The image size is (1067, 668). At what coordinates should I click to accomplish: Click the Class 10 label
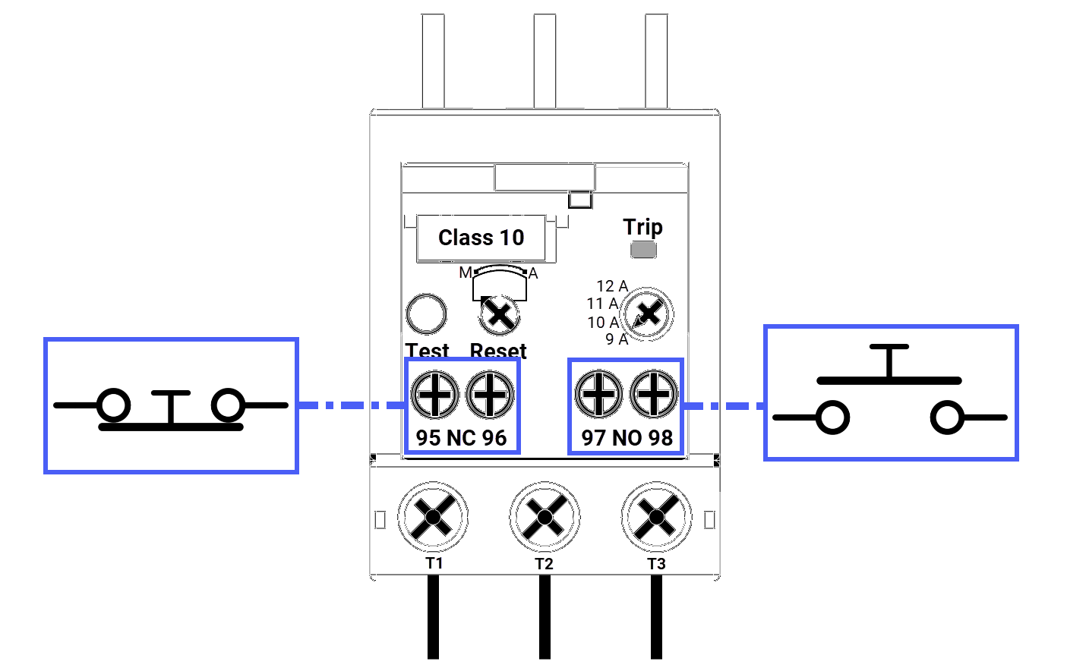click(481, 238)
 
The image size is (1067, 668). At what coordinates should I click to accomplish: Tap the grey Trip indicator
click(643, 250)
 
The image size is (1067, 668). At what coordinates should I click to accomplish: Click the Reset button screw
click(500, 314)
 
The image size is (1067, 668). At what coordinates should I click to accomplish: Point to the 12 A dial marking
click(612, 286)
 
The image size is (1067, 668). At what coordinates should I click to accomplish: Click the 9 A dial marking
click(617, 339)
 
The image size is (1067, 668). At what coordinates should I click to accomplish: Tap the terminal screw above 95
click(434, 395)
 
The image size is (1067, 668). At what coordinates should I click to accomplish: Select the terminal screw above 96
click(490, 395)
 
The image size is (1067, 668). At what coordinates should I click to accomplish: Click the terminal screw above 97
click(599, 395)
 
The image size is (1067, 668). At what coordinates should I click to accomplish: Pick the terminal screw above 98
click(654, 395)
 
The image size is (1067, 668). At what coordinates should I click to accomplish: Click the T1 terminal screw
click(433, 518)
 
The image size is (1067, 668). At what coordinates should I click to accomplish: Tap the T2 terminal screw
click(545, 518)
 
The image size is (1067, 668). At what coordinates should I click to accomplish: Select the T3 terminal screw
click(656, 518)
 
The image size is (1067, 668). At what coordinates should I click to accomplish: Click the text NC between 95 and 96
click(462, 438)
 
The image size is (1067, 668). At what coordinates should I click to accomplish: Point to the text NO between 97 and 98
click(627, 438)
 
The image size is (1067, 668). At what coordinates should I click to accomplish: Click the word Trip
click(642, 227)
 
